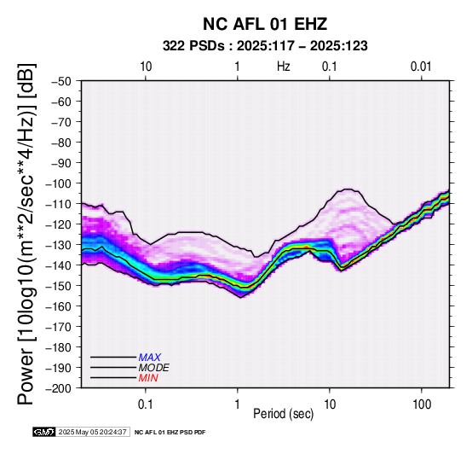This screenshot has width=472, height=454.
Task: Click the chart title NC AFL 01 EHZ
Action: tap(265, 24)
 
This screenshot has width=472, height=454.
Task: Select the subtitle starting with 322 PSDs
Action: tap(265, 46)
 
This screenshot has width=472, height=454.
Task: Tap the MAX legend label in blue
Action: tap(149, 358)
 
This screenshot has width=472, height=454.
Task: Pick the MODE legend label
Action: tap(154, 368)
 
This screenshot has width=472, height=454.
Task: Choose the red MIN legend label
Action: tap(148, 378)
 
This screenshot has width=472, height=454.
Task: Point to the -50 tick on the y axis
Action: tap(60, 81)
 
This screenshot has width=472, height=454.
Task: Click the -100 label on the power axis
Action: tap(58, 183)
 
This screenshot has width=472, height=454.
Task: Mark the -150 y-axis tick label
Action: tap(58, 286)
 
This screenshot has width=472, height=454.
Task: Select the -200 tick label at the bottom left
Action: tap(58, 388)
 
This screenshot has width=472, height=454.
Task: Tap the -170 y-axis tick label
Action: tap(58, 327)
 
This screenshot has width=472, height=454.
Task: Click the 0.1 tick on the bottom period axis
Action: tap(146, 404)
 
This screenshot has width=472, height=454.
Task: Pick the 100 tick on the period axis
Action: tap(422, 404)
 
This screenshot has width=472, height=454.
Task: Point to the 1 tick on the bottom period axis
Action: tap(238, 404)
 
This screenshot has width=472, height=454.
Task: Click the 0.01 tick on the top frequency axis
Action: tap(421, 67)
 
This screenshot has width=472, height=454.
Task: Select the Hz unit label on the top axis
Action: tap(284, 67)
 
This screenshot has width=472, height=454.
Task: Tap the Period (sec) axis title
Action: tap(283, 414)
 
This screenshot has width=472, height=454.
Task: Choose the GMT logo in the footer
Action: tap(44, 432)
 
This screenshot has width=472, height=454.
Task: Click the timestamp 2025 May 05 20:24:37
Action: tap(93, 432)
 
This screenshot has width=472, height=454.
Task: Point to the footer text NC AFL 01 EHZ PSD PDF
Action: tap(170, 433)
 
